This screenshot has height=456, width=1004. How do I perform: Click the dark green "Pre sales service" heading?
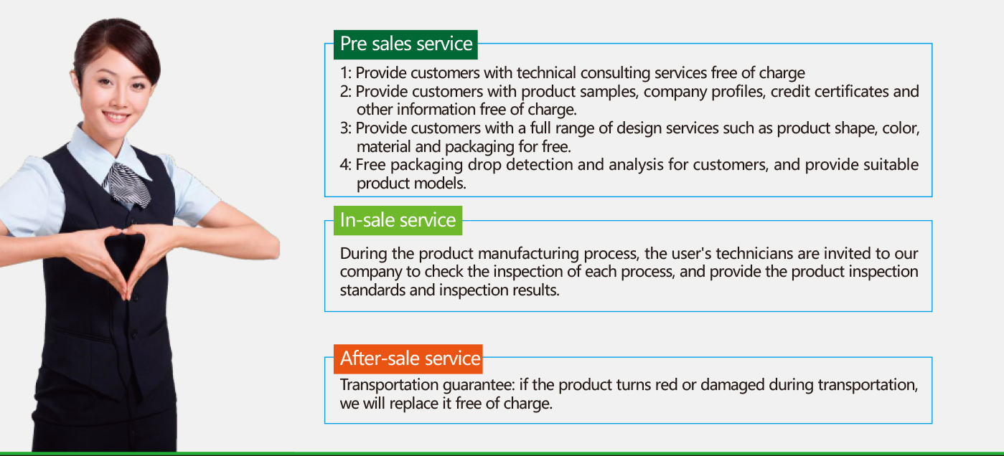(x=405, y=44)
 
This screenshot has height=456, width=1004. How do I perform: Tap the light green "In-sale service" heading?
(x=398, y=220)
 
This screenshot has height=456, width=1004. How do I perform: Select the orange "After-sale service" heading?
(x=408, y=358)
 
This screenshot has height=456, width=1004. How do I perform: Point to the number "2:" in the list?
(x=346, y=91)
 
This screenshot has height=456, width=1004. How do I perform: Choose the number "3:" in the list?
(x=346, y=128)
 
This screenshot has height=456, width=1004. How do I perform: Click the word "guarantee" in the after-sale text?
(x=479, y=386)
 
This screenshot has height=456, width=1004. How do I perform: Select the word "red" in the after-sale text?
(x=666, y=385)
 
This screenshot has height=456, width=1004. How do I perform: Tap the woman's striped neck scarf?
(x=128, y=184)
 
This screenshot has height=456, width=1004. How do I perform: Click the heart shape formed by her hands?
(x=125, y=255)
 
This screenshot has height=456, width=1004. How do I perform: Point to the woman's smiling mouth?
(x=116, y=117)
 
